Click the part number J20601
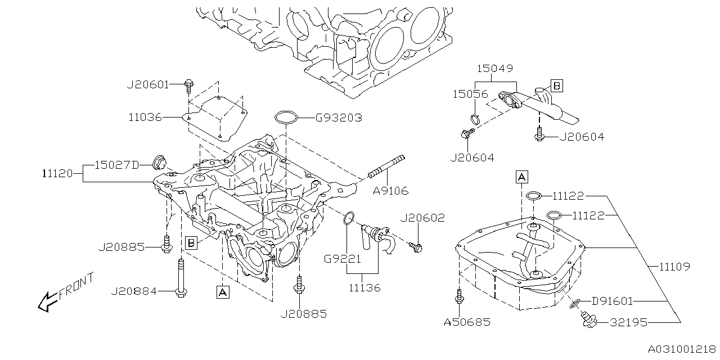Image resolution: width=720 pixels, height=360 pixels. [x=147, y=85]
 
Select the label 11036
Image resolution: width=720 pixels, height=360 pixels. [x=145, y=118]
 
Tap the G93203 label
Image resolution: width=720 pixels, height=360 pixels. [x=338, y=118]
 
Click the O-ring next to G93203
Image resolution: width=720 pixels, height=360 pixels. [x=286, y=118]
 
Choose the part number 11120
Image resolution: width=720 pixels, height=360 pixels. [x=57, y=174]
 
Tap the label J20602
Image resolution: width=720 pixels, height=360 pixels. [x=422, y=218]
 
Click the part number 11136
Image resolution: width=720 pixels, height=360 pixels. [x=364, y=287]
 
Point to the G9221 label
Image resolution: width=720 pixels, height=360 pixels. [x=342, y=259]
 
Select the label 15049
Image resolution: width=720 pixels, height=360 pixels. [x=495, y=69]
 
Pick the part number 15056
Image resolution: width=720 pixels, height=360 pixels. [x=471, y=94]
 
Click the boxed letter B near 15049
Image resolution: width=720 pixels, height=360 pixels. [x=556, y=85]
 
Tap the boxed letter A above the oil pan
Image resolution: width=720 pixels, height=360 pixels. [x=521, y=177]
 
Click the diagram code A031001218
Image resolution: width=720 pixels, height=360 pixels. [x=681, y=349]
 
